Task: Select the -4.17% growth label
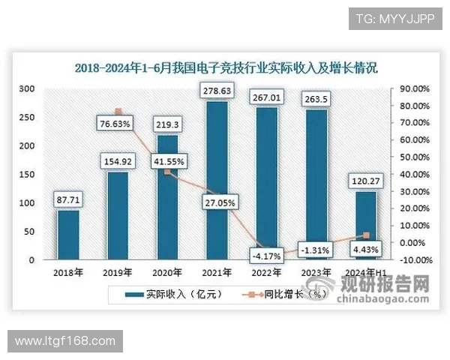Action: click(x=266, y=256)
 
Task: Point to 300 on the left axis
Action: click(x=27, y=88)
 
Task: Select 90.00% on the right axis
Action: click(x=413, y=88)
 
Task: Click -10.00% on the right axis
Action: click(x=413, y=260)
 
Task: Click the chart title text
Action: click(x=225, y=67)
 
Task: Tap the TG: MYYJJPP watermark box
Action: click(x=390, y=18)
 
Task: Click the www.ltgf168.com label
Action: click(x=64, y=341)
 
